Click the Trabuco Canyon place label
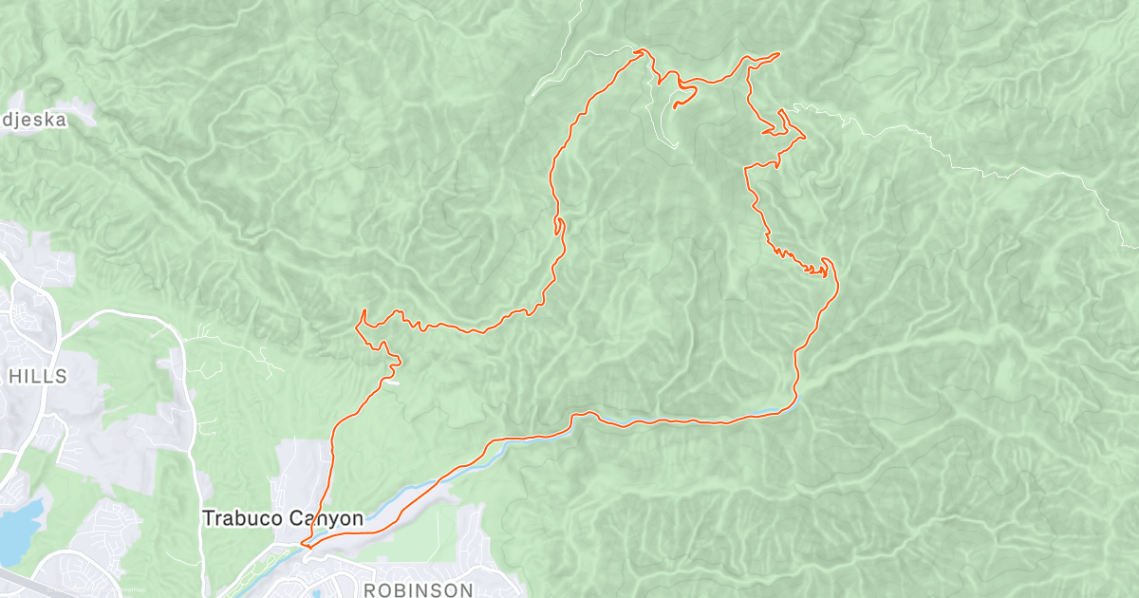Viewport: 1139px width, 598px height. click(283, 518)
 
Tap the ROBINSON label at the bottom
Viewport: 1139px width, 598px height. click(419, 589)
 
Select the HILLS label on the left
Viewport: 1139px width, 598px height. click(37, 376)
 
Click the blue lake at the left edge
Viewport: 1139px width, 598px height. click(17, 527)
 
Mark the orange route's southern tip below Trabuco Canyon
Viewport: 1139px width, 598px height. click(303, 544)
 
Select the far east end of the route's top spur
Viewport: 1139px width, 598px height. click(778, 54)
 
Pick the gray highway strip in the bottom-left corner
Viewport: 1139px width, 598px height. click(19, 583)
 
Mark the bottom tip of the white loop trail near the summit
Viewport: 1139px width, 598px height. click(676, 144)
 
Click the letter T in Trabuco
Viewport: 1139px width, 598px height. click(208, 518)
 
